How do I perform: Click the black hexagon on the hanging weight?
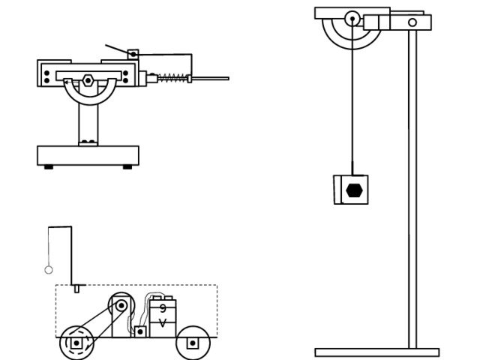(x=355, y=190)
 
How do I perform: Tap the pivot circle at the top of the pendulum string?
(x=352, y=18)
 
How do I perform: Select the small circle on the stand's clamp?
(x=412, y=22)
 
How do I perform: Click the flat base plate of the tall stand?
(x=377, y=352)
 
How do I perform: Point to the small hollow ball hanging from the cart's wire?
(x=48, y=270)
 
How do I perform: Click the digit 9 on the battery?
(x=163, y=308)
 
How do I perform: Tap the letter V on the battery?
(x=163, y=323)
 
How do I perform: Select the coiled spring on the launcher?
(x=172, y=78)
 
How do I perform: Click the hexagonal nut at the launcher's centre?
(x=88, y=80)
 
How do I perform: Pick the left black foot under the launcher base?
(x=49, y=167)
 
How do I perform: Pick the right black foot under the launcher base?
(x=127, y=167)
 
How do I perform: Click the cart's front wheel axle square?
(x=193, y=343)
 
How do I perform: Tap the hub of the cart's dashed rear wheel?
(x=76, y=343)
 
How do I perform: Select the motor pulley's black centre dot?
(x=121, y=305)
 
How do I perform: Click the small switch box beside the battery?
(x=140, y=331)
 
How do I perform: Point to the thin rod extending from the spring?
(x=210, y=79)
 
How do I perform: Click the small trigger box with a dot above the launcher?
(x=133, y=55)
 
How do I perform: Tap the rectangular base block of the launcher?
(x=88, y=155)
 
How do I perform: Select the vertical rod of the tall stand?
(x=412, y=189)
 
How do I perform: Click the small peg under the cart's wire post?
(x=76, y=289)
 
